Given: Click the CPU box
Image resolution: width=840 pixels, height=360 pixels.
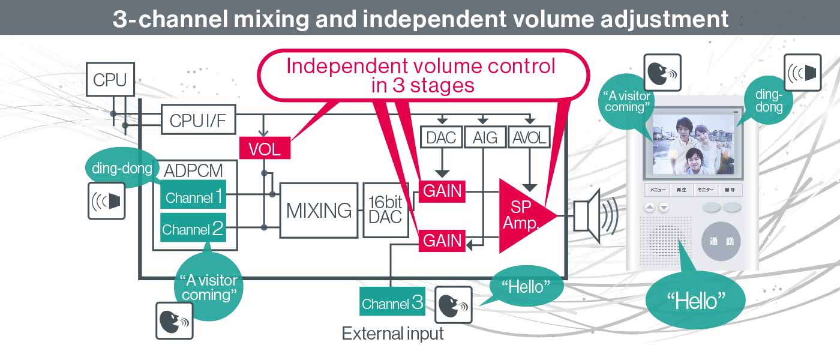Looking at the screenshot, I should (x=110, y=80).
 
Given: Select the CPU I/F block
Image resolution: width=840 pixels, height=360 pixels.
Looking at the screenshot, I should (x=198, y=120).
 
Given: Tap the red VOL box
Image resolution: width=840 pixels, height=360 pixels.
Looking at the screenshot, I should (x=265, y=148).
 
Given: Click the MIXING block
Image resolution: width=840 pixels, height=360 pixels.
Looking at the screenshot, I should (x=319, y=210).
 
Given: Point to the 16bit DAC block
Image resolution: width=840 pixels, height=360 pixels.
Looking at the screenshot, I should (x=385, y=210).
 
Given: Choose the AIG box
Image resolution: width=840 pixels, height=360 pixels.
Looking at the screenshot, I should (x=485, y=138).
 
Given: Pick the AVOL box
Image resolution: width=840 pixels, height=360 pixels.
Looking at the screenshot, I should (x=529, y=138).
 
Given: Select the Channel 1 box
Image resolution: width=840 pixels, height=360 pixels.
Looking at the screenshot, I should (x=193, y=196).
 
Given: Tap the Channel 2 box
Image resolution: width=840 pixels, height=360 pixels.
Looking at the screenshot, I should (x=193, y=228).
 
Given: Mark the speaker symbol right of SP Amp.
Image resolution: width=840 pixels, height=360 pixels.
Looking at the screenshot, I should (x=592, y=216).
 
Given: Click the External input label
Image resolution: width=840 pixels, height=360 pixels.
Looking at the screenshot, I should (x=392, y=334).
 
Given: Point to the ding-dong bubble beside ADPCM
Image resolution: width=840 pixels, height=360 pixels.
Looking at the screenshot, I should (x=122, y=168).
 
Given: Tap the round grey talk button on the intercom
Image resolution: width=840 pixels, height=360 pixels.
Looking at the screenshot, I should (x=721, y=242).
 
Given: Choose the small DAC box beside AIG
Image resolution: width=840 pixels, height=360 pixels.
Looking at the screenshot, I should (x=442, y=138).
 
